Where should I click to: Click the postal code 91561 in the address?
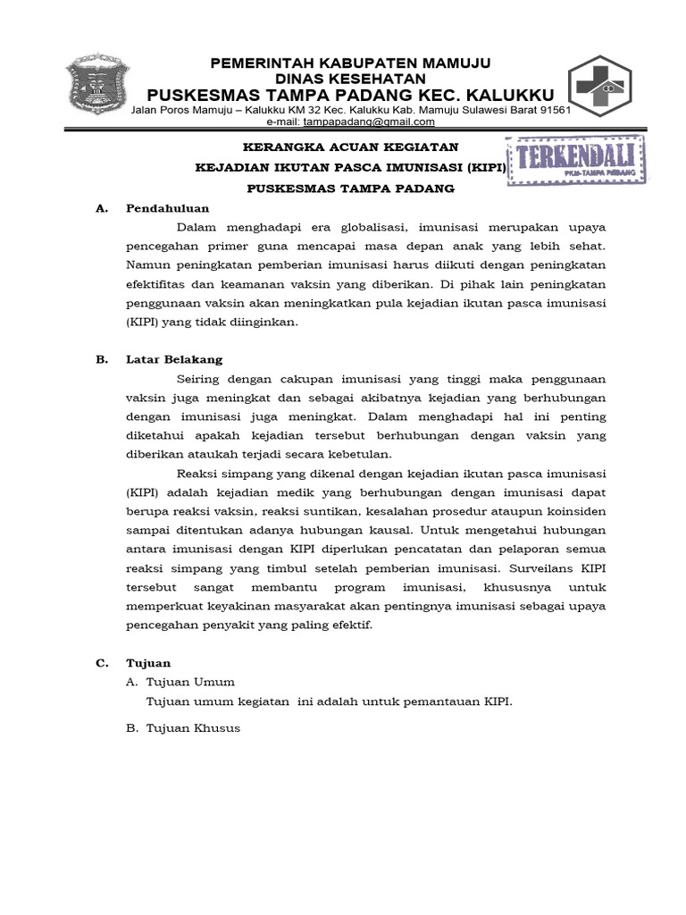[x=553, y=109]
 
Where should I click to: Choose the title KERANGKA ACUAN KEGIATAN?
[x=351, y=147]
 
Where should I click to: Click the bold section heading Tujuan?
[x=150, y=663]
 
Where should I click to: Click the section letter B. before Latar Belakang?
[x=101, y=359]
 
